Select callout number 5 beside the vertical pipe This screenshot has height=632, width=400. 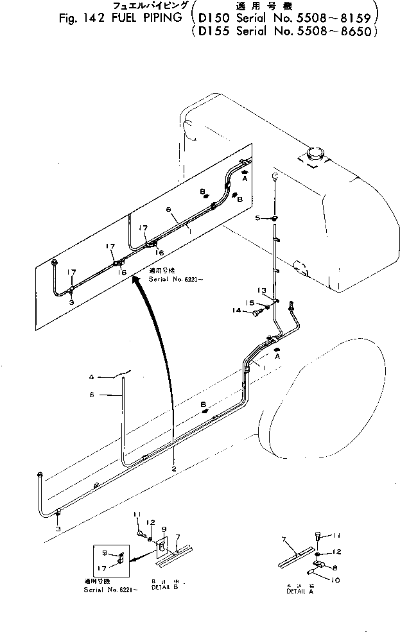[x=258, y=219]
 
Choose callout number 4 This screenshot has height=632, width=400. [x=91, y=377]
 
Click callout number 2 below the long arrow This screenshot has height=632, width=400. [x=173, y=469]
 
